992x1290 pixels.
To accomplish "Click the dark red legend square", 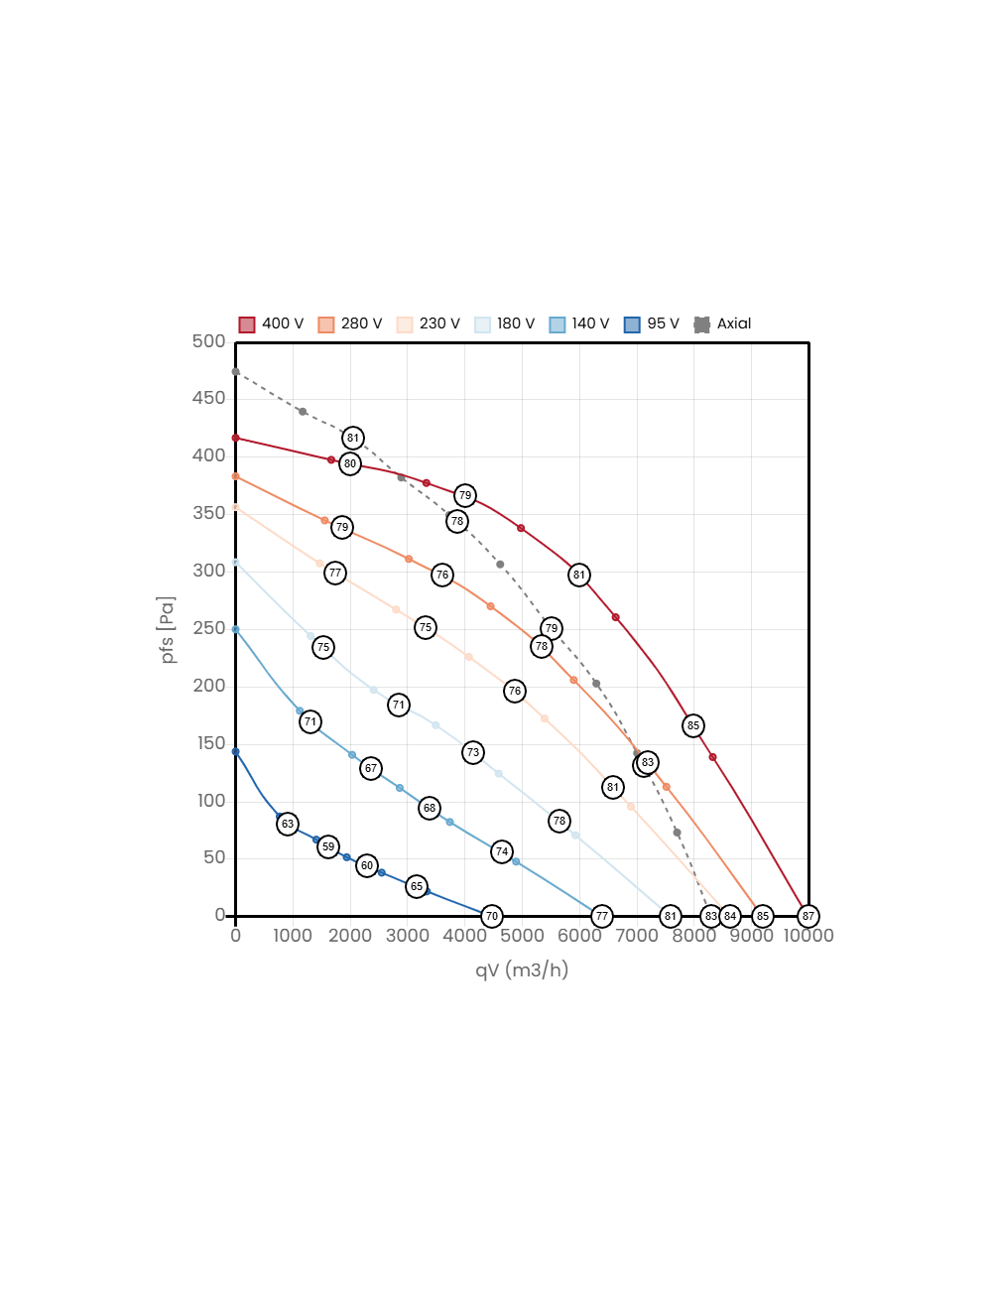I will (247, 325).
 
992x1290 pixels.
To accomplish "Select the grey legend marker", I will (702, 325).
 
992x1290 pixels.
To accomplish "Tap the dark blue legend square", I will (632, 325).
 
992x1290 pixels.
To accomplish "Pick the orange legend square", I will (326, 325).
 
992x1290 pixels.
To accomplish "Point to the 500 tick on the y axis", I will (209, 341).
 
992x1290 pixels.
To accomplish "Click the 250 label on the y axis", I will (209, 628).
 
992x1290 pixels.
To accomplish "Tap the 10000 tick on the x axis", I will (808, 936).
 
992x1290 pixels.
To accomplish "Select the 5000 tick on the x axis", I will (522, 936).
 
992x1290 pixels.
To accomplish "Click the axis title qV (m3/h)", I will (522, 969).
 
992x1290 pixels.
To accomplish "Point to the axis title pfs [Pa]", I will (168, 629).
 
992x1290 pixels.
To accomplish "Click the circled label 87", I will (808, 916).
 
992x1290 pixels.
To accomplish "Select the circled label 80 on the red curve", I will (350, 463).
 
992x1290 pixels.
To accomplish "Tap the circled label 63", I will (288, 824).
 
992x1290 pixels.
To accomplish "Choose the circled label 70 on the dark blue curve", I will (491, 916).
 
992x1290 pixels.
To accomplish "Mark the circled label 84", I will (730, 916).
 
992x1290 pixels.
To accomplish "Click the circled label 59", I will (328, 846).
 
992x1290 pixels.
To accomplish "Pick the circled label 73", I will (473, 752).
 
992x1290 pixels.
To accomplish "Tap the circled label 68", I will (430, 808).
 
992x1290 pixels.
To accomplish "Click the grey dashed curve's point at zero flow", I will (235, 372).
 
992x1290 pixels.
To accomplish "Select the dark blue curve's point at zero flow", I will (235, 752).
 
